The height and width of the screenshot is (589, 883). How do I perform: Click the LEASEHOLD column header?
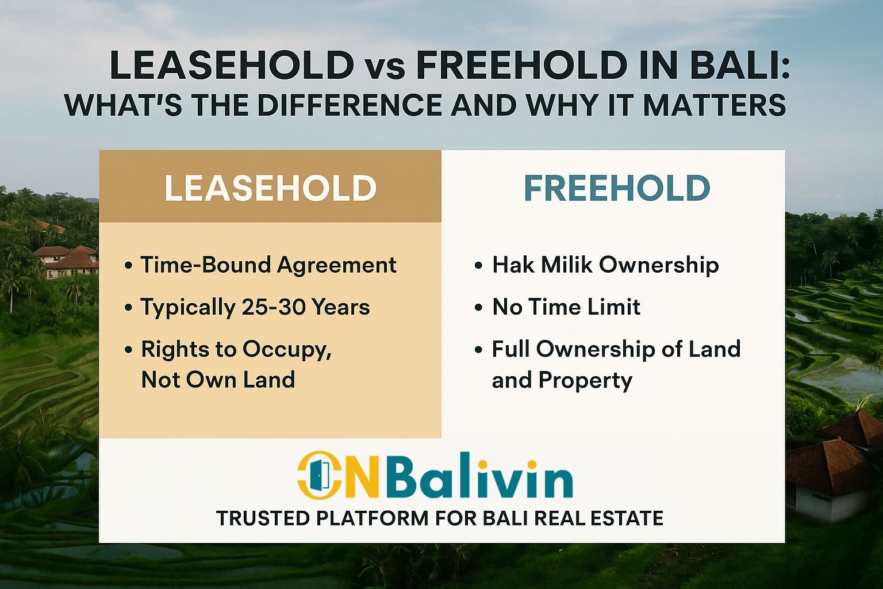pyautogui.click(x=270, y=188)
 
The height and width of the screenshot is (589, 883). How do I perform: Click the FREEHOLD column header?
pyautogui.click(x=617, y=188)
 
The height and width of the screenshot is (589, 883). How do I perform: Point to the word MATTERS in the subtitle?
pyautogui.click(x=715, y=105)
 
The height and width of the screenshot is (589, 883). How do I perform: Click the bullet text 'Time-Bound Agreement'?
pyautogui.click(x=268, y=265)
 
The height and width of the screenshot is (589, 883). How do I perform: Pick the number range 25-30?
pyautogui.click(x=274, y=307)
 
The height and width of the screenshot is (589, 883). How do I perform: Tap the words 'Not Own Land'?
pyautogui.click(x=218, y=380)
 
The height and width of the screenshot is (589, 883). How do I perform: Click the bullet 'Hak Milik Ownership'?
pyautogui.click(x=605, y=265)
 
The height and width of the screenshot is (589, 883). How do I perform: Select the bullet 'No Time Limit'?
pyautogui.click(x=566, y=307)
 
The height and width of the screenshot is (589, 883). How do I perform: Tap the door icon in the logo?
pyautogui.click(x=319, y=475)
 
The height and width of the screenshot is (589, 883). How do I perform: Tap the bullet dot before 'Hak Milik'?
pyautogui.click(x=478, y=265)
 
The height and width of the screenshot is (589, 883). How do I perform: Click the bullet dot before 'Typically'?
pyautogui.click(x=128, y=307)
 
